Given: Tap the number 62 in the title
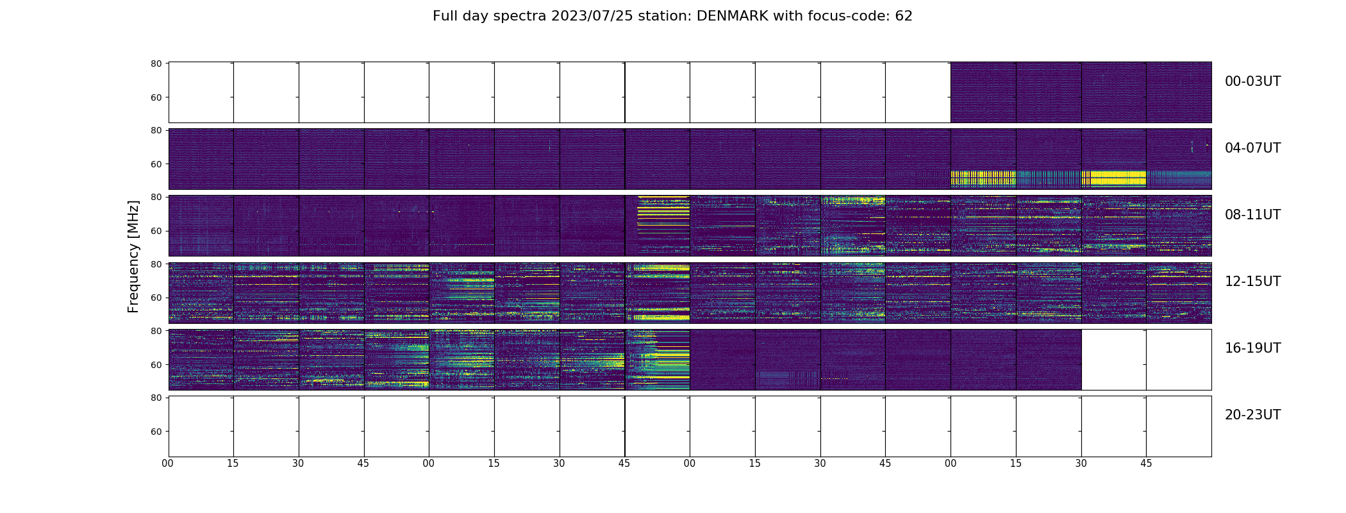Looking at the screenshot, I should click(x=904, y=16).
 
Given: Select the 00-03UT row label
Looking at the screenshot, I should click(x=1252, y=81).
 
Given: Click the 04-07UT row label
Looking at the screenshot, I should click(x=1252, y=148).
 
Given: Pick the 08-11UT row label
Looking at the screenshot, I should click(x=1252, y=215).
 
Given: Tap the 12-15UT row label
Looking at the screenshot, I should click(x=1252, y=282).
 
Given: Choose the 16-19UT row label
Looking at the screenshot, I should click(x=1252, y=348).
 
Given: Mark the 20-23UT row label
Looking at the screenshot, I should click(x=1252, y=415).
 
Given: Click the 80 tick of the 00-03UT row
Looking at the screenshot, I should click(x=156, y=63).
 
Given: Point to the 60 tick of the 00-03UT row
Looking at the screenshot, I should click(x=156, y=97).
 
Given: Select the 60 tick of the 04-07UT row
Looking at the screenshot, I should click(x=156, y=164).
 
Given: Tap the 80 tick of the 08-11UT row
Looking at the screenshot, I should click(x=156, y=197).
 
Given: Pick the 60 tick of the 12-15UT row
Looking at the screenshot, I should click(x=156, y=298).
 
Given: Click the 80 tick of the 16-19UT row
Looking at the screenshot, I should click(x=156, y=331).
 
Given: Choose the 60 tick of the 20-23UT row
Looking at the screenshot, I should click(x=156, y=432).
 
